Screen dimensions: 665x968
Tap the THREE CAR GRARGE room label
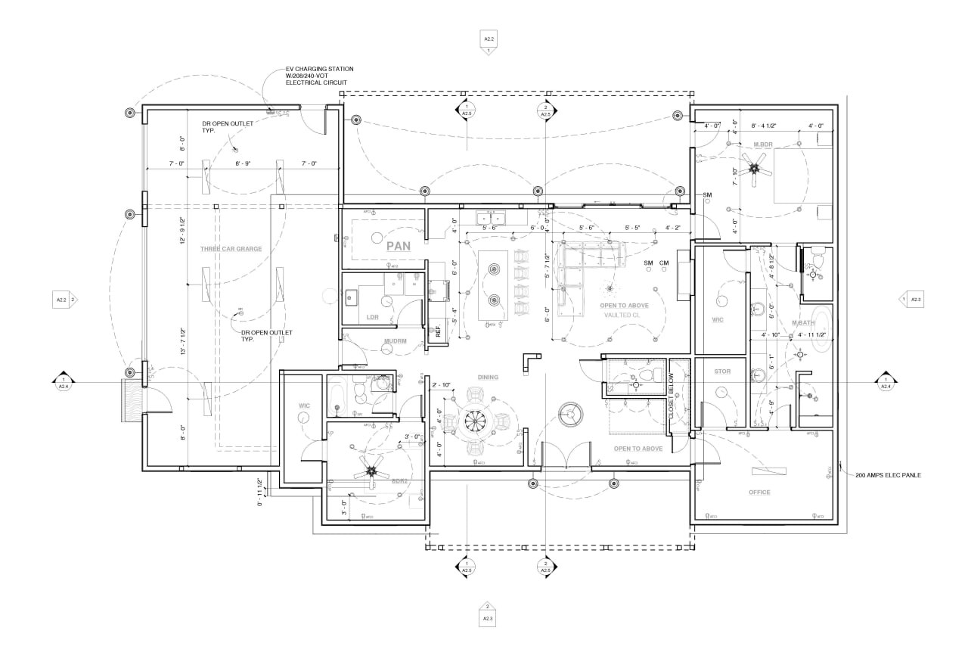click(231, 249)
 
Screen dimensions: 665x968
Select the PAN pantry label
click(398, 246)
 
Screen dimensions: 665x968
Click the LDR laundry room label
click(372, 317)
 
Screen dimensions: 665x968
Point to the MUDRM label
click(395, 341)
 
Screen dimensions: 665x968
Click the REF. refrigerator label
click(438, 330)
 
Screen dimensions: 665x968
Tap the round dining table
click(474, 421)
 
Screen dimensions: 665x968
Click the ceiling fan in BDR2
click(371, 471)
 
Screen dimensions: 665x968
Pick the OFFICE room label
click(759, 493)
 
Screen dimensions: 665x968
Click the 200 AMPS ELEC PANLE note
click(888, 475)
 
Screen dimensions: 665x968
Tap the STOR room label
click(722, 371)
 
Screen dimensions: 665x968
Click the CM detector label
click(664, 263)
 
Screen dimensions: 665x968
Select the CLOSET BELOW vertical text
click(671, 397)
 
